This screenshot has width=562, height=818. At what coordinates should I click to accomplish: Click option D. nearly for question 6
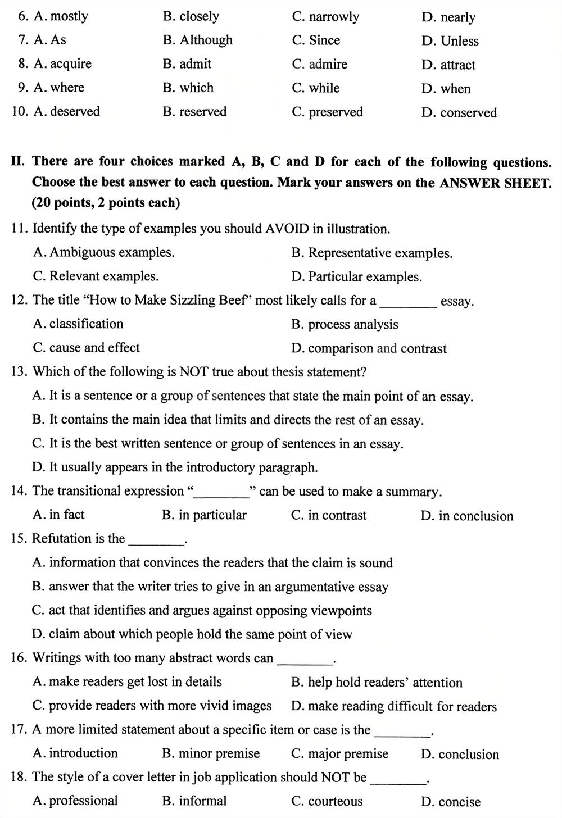click(448, 17)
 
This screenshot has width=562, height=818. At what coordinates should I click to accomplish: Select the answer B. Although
click(197, 40)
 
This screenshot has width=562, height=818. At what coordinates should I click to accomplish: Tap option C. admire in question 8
click(319, 65)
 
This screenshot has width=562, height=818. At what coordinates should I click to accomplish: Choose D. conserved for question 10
click(459, 113)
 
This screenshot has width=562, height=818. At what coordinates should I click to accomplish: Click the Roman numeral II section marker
click(17, 162)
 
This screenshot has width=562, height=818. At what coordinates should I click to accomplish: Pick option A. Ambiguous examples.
click(103, 253)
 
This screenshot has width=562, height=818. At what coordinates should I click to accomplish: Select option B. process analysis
click(345, 325)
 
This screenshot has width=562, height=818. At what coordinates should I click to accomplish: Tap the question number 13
click(19, 372)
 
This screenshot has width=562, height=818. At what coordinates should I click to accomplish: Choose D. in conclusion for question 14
click(466, 516)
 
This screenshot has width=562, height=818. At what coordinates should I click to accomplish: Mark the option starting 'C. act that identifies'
click(202, 611)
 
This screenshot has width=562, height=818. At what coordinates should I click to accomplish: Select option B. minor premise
click(211, 753)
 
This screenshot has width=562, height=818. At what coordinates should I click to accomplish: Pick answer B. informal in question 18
click(194, 801)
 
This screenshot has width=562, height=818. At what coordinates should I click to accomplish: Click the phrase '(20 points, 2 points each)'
click(106, 203)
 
